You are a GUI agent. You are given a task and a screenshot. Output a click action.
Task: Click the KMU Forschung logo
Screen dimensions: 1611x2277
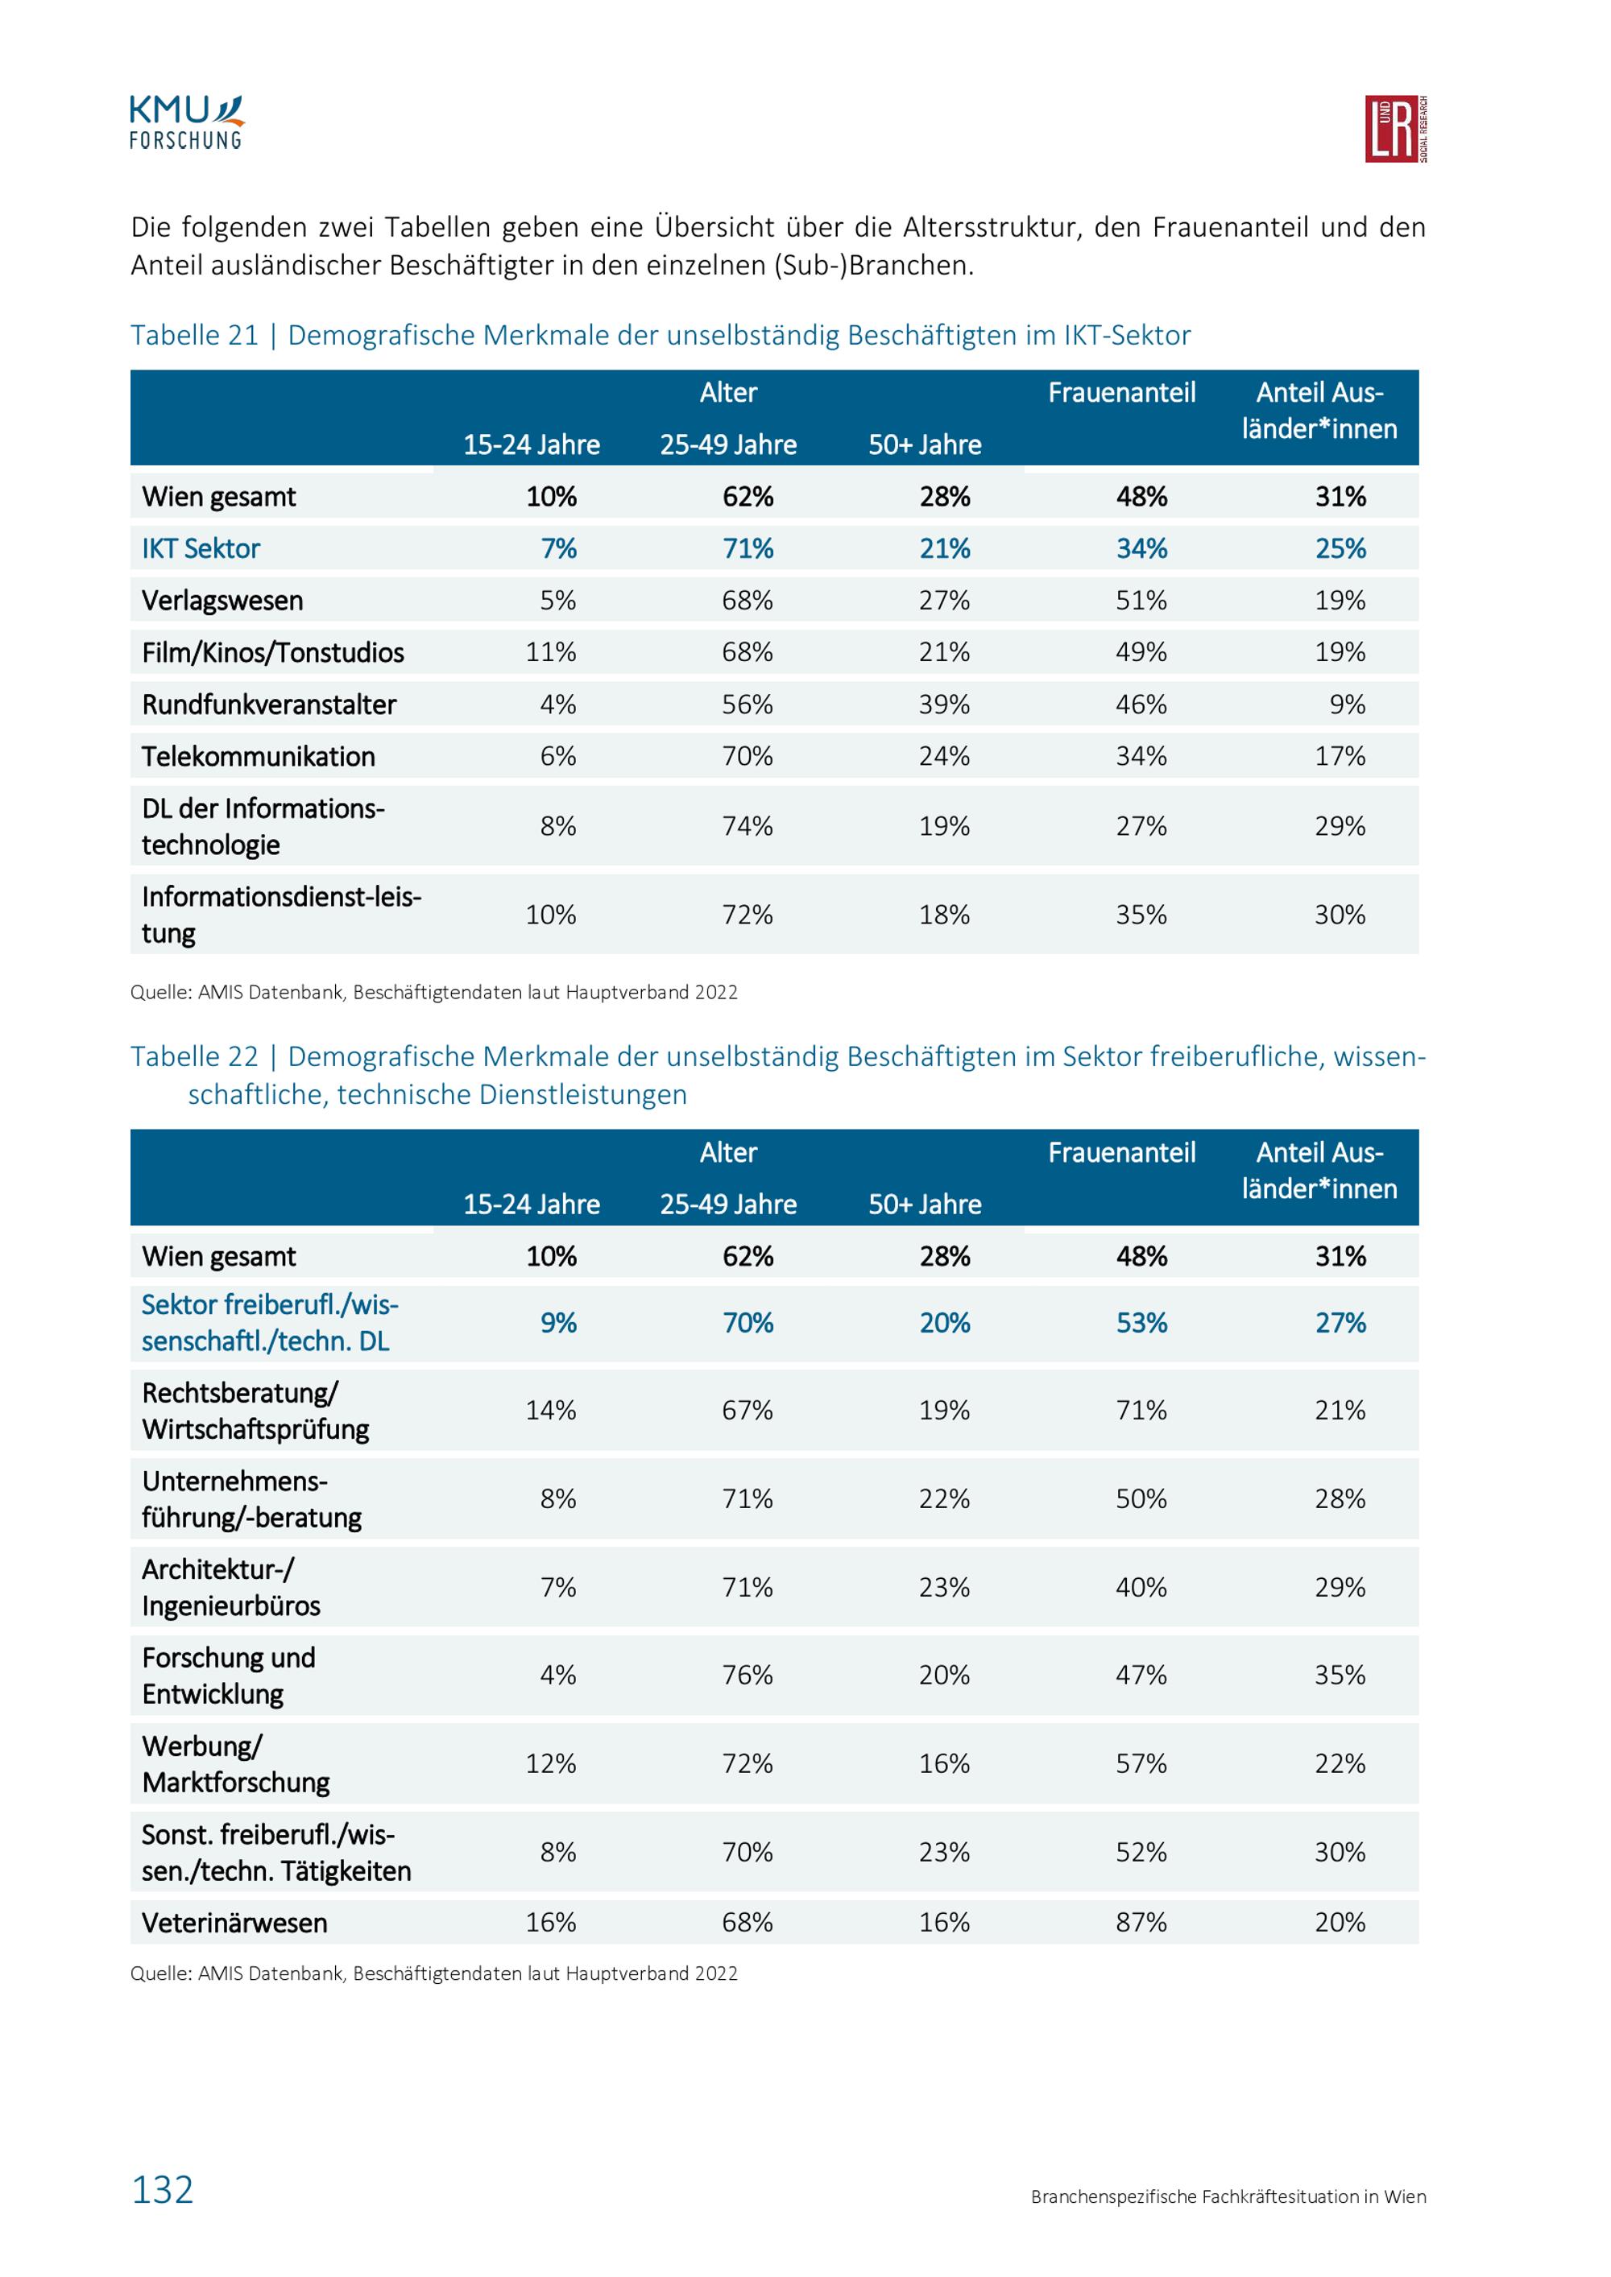tap(187, 123)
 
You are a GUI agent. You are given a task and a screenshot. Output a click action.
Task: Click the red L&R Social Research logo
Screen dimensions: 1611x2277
tap(1396, 129)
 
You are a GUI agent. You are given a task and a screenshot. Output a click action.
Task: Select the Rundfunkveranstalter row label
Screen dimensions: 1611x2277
tap(269, 705)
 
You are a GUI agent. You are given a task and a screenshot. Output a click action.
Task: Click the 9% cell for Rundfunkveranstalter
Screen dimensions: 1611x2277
tap(1347, 705)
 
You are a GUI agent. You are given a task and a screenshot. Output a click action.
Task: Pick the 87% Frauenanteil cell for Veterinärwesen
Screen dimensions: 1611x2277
tap(1141, 1922)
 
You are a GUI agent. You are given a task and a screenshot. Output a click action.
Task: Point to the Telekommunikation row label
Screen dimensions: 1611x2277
tap(258, 757)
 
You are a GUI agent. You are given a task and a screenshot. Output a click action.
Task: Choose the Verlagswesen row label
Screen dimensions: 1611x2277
tap(222, 601)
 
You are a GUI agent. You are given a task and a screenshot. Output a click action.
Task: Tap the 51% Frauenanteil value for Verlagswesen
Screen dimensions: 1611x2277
tap(1141, 600)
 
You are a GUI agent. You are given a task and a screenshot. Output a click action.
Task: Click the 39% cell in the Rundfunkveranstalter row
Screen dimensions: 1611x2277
tap(944, 705)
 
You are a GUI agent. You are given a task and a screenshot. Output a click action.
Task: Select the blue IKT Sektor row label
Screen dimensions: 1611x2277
tap(201, 548)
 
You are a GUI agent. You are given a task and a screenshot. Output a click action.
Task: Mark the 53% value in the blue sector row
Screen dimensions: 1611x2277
tap(1141, 1322)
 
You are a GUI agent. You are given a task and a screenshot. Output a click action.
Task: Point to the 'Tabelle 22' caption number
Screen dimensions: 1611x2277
tap(194, 1056)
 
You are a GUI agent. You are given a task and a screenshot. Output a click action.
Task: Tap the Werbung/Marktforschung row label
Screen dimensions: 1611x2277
tap(235, 1764)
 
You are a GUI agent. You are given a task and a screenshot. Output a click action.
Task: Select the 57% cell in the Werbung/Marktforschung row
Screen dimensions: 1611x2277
tap(1141, 1763)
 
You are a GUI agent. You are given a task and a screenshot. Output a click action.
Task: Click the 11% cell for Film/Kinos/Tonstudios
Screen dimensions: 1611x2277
tap(550, 652)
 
